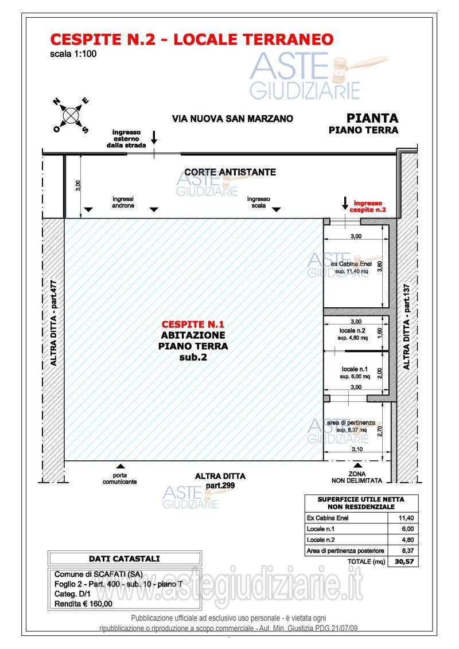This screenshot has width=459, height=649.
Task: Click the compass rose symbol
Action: point(71,115)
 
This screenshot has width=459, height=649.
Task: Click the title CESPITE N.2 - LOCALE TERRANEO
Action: point(192,40)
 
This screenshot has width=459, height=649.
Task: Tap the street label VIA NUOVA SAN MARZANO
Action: point(232,119)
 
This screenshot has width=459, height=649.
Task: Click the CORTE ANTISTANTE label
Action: point(230,172)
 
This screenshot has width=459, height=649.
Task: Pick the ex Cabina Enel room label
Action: point(352,264)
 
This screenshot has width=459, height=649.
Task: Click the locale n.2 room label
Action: point(353,331)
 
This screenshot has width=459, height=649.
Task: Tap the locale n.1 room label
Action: point(354,369)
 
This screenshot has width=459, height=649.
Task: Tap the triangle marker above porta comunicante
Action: point(120,466)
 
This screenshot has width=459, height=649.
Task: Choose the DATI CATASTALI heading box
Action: point(125,558)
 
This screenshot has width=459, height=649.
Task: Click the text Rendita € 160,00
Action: point(84,603)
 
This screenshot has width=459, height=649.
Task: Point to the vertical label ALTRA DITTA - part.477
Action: point(54,323)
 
